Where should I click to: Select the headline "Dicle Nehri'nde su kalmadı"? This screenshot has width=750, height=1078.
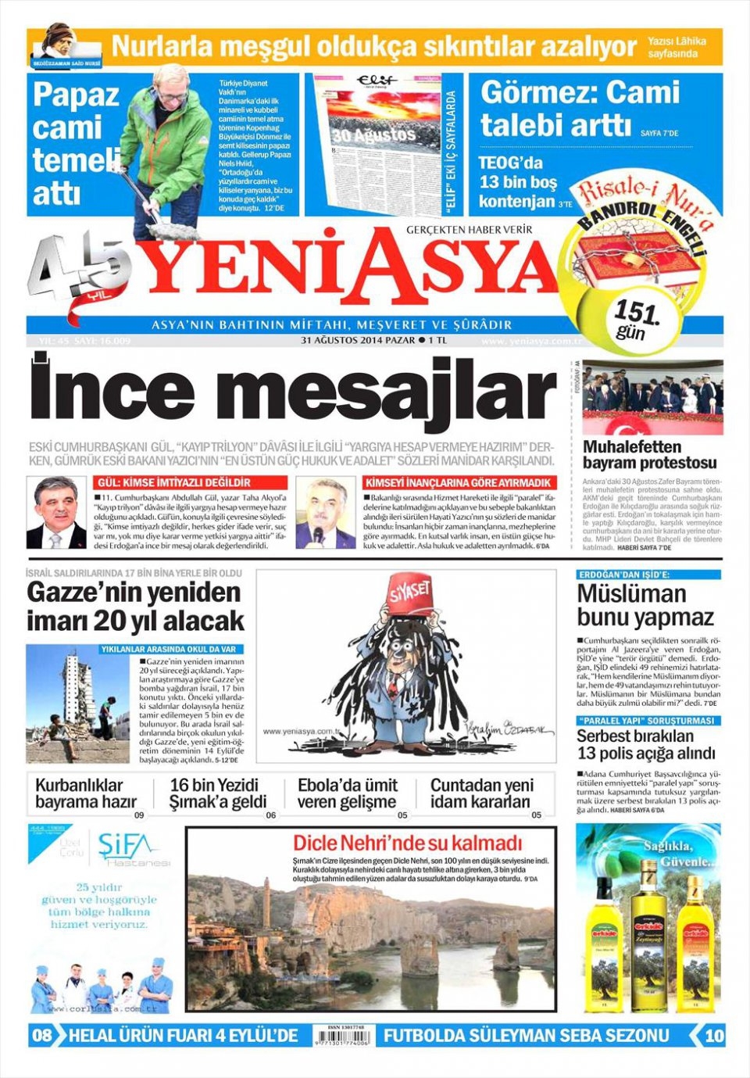click(407, 843)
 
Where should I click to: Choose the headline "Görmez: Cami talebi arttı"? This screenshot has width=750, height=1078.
click(580, 108)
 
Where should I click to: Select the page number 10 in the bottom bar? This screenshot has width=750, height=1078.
click(714, 1036)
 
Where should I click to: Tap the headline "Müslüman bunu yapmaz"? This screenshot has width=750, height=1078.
click(645, 605)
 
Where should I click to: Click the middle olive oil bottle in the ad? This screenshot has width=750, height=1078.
click(648, 915)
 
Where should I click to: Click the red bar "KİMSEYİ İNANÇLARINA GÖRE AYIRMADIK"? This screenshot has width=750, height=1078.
click(460, 483)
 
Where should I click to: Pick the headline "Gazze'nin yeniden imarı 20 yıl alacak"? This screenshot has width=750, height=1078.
click(135, 607)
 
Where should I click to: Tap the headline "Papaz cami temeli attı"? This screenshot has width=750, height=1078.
click(75, 143)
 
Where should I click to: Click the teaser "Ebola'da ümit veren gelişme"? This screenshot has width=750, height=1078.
click(347, 793)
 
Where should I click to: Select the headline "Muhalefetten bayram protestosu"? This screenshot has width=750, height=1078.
click(649, 455)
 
